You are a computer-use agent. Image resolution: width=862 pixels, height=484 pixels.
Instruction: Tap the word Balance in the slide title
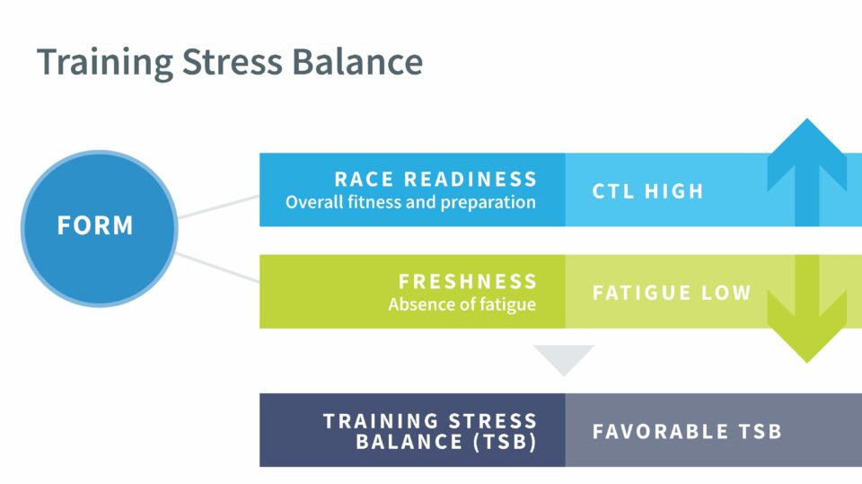363,62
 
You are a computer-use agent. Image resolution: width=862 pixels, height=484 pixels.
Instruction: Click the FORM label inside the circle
95,225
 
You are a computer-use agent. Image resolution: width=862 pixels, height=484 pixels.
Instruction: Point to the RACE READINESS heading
435,179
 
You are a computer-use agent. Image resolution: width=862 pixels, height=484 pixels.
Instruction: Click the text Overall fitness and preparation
410,202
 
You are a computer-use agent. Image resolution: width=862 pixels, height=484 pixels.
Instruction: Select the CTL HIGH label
648,191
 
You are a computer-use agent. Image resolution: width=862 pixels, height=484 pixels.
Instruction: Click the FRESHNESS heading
468,281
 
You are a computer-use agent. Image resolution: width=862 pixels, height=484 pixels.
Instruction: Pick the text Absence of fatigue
462,304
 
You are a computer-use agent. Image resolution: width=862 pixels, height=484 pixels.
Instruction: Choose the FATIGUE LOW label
671,293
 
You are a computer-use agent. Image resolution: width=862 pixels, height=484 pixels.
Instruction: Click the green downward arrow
807,314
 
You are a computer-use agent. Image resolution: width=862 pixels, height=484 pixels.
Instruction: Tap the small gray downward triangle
564,358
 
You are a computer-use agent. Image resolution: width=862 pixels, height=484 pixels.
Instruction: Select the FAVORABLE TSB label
687,431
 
